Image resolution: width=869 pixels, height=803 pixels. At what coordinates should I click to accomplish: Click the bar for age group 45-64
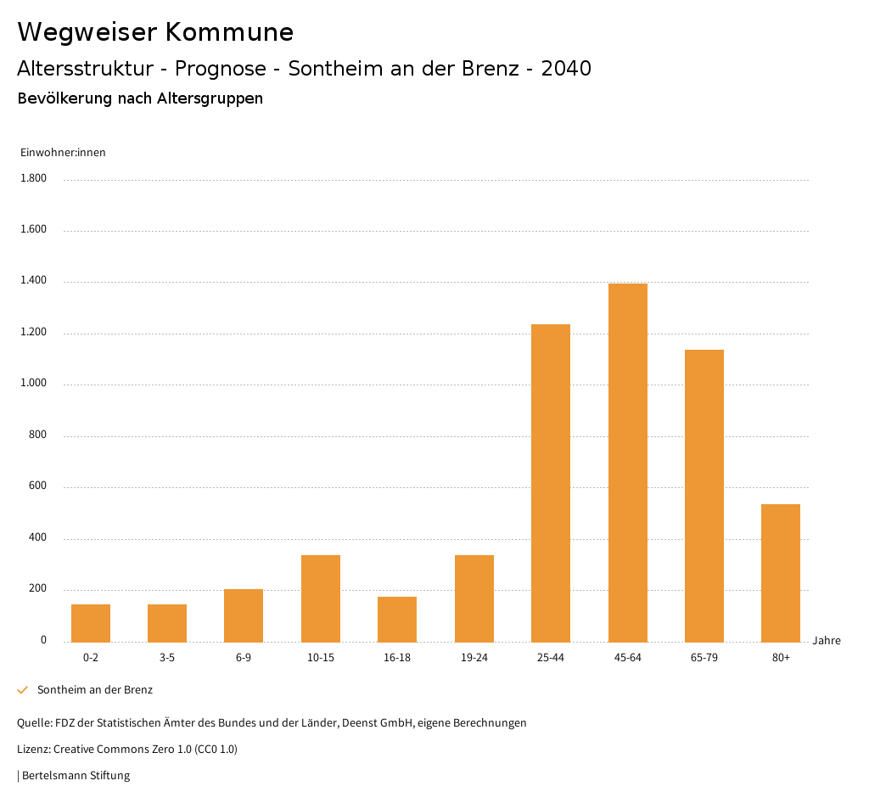[x=627, y=463]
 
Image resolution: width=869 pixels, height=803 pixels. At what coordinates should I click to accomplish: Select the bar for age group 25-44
[x=551, y=483]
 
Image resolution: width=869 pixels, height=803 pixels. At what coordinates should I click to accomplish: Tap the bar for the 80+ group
[x=781, y=573]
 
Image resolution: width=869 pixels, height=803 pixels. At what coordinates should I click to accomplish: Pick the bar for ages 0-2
[x=91, y=623]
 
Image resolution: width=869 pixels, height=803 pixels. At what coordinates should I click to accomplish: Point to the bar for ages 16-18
[x=397, y=620]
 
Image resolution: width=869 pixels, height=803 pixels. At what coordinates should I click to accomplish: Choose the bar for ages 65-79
[x=704, y=496]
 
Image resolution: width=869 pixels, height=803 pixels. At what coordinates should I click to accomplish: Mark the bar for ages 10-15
[x=321, y=598]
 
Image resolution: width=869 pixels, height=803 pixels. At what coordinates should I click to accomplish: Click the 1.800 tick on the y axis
[x=34, y=178]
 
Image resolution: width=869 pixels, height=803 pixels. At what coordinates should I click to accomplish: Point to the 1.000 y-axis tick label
[x=34, y=384]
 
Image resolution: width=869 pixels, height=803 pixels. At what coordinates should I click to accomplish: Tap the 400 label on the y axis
[x=37, y=538]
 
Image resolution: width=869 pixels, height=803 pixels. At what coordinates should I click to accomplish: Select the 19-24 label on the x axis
[x=474, y=658]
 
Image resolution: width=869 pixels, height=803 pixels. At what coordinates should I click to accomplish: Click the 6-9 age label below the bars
[x=244, y=658]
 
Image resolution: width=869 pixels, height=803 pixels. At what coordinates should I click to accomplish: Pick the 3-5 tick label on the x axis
[x=167, y=658]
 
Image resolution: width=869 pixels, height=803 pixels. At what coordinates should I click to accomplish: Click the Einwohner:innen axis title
[x=63, y=153]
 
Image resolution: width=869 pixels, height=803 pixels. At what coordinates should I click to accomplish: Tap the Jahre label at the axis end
[x=827, y=641]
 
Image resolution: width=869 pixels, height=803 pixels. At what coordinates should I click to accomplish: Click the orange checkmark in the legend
[x=23, y=690]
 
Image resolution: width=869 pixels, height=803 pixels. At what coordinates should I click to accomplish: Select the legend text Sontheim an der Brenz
[x=95, y=690]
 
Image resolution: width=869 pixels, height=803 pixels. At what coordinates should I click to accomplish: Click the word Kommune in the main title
[x=229, y=32]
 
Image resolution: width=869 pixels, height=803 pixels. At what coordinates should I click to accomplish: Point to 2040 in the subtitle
[x=566, y=69]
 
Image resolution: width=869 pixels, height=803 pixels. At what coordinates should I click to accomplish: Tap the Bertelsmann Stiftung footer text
[x=76, y=776]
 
